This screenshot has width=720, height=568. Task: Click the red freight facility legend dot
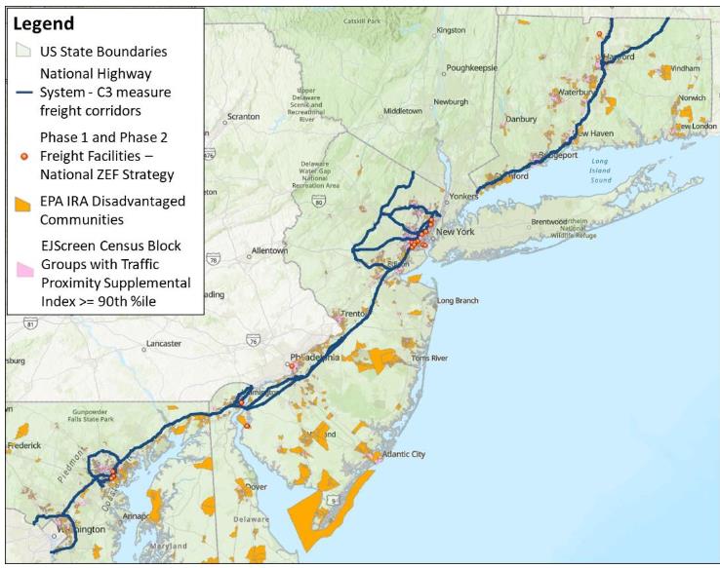tap(24, 155)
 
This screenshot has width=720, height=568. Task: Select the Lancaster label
tap(163, 344)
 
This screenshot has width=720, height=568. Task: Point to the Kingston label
tap(451, 30)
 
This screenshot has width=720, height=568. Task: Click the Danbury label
tap(521, 119)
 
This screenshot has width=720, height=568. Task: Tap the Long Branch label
tap(458, 300)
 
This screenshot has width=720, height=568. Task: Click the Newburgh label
tap(452, 101)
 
